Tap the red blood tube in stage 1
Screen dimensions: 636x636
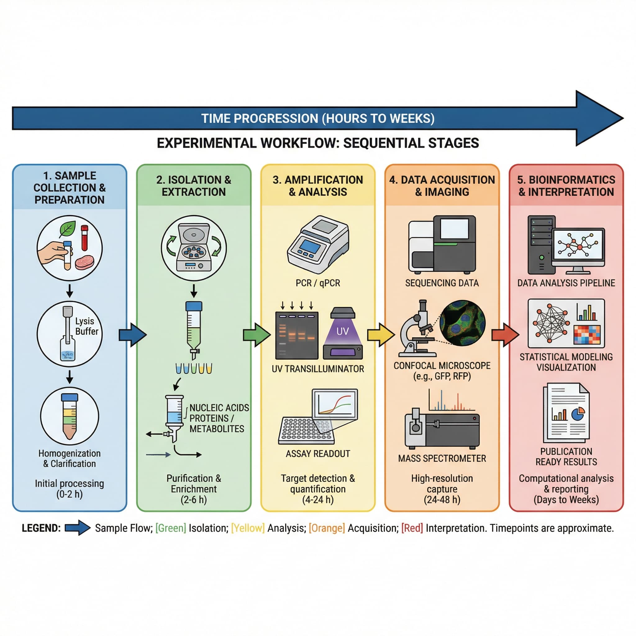point(84,238)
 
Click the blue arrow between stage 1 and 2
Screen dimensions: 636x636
point(132,335)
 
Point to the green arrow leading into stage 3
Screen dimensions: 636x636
point(257,335)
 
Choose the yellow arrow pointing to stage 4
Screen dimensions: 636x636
point(380,335)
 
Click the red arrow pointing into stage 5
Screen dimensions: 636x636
point(505,335)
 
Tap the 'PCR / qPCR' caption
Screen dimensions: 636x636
point(318,283)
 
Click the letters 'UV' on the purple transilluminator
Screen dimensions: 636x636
point(342,331)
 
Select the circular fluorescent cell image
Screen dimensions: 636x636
point(462,323)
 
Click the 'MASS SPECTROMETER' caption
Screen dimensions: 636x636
point(442,458)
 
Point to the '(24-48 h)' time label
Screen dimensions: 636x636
point(442,499)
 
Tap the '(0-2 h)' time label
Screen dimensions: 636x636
point(70,494)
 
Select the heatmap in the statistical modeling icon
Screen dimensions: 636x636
point(587,334)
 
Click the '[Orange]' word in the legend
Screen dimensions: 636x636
point(327,528)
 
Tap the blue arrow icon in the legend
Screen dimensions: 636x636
point(77,528)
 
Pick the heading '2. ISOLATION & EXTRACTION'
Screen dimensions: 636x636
point(193,186)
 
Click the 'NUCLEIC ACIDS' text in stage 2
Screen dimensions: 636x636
point(219,408)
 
